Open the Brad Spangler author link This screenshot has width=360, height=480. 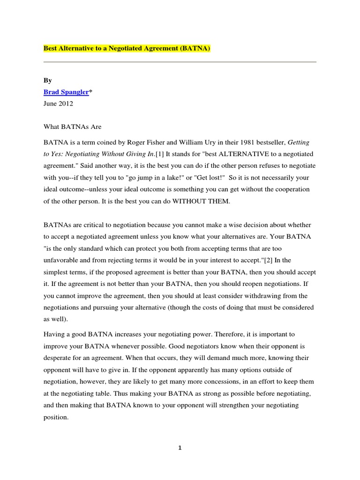tap(66, 92)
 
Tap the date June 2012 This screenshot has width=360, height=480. tap(58, 104)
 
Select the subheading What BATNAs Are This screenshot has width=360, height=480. tap(72, 127)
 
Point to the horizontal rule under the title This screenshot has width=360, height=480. tap(180, 62)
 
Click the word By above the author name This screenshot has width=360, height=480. tap(47, 81)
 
